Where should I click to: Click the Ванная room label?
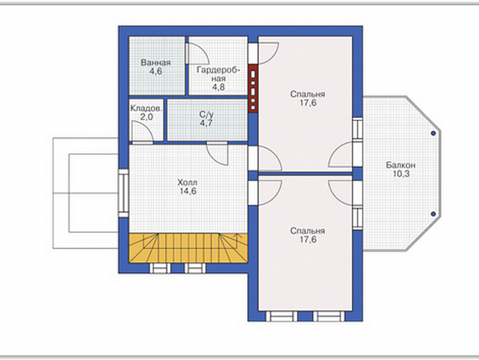(x=156, y=63)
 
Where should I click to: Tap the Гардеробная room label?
(x=218, y=74)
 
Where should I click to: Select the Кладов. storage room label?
(x=147, y=108)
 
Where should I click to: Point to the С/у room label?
(x=206, y=115)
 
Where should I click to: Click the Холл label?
(x=187, y=182)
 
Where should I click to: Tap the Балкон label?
(x=400, y=165)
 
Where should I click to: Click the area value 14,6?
(x=188, y=191)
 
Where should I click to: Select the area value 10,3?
(x=401, y=174)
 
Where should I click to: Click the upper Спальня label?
(x=307, y=95)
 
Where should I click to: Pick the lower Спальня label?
(x=307, y=231)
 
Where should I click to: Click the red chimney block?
(x=253, y=88)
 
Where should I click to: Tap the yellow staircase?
(x=188, y=248)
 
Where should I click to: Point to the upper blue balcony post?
(x=433, y=133)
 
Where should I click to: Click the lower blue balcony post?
(x=433, y=214)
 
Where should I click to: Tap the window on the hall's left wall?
(x=123, y=193)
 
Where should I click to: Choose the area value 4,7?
(x=206, y=123)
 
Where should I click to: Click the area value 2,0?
(x=147, y=116)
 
